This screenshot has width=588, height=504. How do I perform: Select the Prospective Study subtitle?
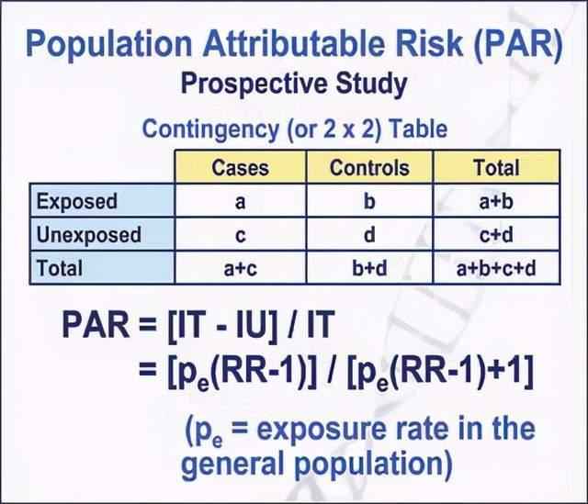tap(293, 84)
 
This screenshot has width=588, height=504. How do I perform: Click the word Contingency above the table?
tap(207, 128)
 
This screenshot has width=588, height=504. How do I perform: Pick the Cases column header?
tap(240, 167)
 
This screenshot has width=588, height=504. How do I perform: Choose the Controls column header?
tap(369, 167)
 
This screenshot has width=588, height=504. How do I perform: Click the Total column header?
tap(496, 167)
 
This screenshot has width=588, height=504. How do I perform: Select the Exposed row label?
tap(78, 201)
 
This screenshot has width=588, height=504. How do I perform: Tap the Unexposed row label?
tap(89, 234)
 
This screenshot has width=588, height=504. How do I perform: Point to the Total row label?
tap(60, 268)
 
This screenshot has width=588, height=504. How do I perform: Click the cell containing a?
tap(240, 201)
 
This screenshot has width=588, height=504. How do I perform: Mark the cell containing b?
tap(369, 201)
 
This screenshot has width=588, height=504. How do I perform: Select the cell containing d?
tap(369, 234)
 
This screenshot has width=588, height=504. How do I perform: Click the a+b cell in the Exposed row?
tap(496, 201)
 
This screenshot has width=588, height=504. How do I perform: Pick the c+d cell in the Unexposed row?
tap(496, 234)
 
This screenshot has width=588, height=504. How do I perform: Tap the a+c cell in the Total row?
tap(240, 268)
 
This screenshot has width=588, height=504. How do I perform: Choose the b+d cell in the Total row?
tap(369, 268)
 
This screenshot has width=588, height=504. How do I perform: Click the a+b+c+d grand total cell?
tap(496, 268)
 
